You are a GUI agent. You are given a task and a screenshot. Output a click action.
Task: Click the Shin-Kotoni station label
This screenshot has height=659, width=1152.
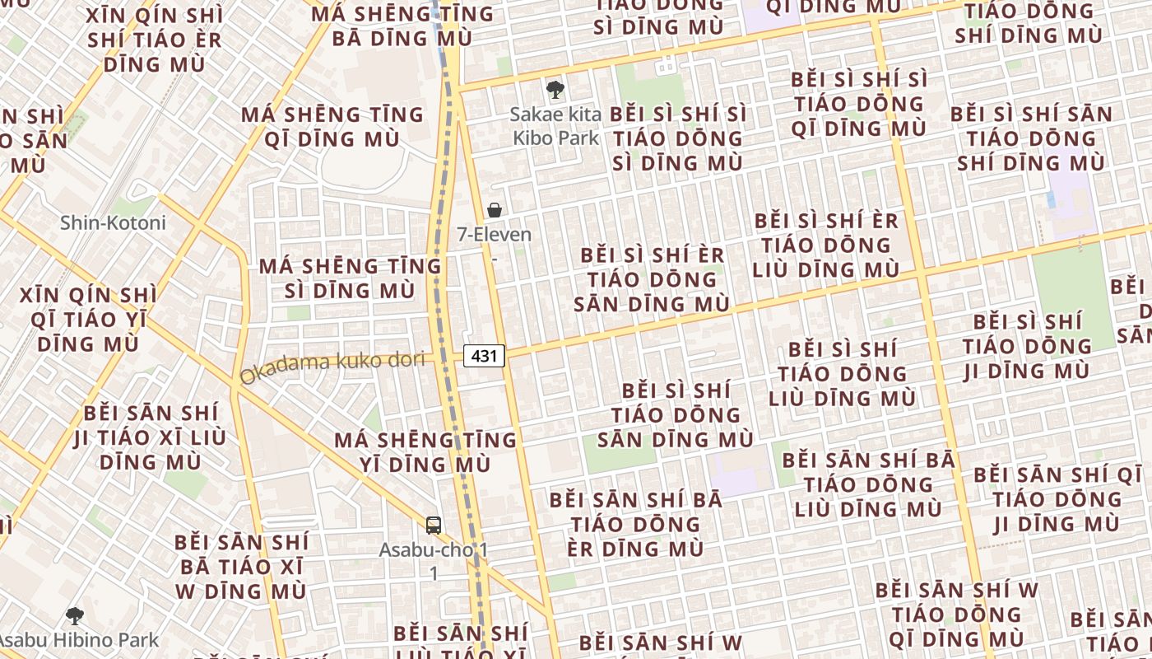click(x=113, y=222)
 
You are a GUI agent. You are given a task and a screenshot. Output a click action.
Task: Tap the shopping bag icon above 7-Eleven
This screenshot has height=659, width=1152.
click(x=495, y=210)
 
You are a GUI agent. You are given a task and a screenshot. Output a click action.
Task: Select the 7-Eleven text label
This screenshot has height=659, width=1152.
click(x=495, y=235)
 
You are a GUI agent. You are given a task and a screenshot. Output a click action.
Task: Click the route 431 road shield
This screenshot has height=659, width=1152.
click(x=484, y=356)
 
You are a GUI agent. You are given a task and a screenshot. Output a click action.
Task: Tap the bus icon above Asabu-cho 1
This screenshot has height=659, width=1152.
click(x=434, y=525)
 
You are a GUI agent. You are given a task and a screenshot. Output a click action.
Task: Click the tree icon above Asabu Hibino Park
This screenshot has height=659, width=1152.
click(x=75, y=615)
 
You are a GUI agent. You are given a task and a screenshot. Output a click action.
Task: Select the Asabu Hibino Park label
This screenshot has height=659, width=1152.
click(x=79, y=639)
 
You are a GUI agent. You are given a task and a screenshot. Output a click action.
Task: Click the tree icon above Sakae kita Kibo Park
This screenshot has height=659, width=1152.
click(x=555, y=89)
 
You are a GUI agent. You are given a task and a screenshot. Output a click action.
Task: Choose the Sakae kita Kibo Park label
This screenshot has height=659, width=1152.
click(x=556, y=125)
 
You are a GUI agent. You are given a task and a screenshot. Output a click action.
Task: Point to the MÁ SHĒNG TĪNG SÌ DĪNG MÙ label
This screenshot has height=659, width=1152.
click(x=351, y=278)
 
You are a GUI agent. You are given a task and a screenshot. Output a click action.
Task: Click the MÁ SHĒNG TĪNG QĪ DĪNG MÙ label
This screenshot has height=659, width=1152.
click(x=332, y=127)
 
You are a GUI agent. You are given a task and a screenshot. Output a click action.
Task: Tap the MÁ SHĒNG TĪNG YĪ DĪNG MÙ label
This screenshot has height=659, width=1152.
click(x=425, y=452)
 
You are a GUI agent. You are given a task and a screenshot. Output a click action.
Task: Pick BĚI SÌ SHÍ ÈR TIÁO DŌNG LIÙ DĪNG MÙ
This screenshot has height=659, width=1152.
click(x=826, y=245)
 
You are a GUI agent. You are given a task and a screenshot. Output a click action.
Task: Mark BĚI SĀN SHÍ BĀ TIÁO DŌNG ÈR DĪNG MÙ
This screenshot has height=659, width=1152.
click(x=636, y=524)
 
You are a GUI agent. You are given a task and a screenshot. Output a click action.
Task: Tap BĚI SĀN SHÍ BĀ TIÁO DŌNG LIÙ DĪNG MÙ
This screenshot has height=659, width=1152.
click(x=868, y=484)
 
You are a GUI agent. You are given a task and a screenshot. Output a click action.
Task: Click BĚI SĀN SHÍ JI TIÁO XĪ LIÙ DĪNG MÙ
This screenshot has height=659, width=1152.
click(x=150, y=437)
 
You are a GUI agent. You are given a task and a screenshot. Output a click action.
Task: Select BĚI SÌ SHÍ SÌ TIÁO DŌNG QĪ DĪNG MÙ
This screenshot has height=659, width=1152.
click(x=859, y=104)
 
